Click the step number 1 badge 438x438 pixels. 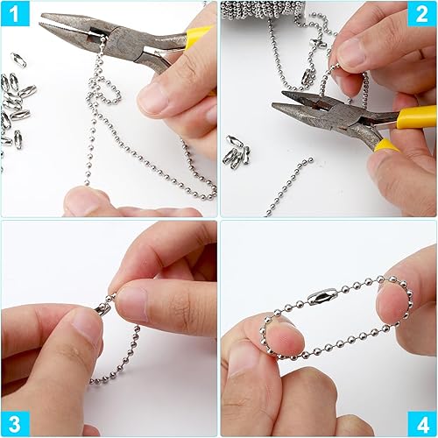(x=15, y=13)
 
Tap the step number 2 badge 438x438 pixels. (x=422, y=13)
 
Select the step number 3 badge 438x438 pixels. (x=15, y=424)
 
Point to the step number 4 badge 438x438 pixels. (x=422, y=424)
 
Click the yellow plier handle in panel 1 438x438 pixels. (x=199, y=34)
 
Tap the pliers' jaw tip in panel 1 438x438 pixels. (x=42, y=18)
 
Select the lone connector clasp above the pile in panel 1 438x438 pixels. (x=18, y=60)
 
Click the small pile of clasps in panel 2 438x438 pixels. (x=238, y=152)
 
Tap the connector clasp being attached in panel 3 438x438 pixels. (x=102, y=309)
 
